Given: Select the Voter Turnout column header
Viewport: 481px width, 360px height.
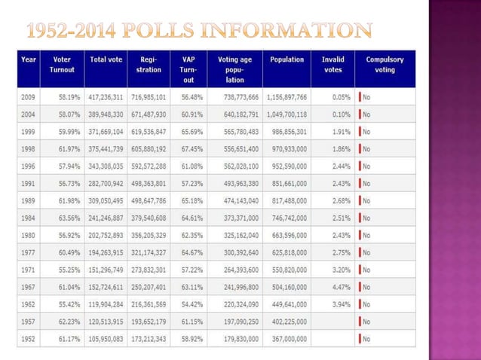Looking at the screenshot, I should point(63,64).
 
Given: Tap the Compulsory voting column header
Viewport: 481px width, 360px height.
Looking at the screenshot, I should point(384,64).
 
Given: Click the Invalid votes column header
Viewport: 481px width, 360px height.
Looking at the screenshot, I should point(332,64).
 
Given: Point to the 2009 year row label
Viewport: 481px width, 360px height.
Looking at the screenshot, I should point(29,98).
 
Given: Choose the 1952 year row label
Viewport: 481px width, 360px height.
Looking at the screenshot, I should point(29,340).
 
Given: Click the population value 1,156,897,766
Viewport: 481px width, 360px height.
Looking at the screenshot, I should point(286,98).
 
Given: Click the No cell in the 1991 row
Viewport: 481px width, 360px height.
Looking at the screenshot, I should point(366,184).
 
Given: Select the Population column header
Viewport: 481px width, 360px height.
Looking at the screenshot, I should point(286,59).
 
